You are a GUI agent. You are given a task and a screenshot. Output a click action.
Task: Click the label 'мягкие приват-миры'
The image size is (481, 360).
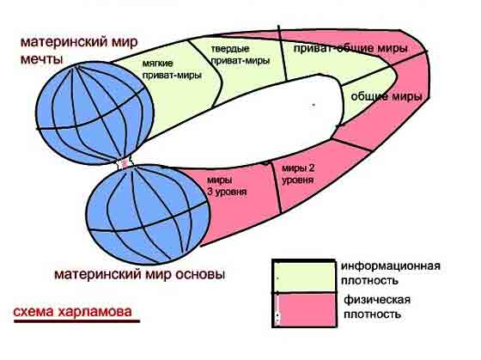172,70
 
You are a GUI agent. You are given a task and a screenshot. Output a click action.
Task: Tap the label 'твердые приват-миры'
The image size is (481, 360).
240,55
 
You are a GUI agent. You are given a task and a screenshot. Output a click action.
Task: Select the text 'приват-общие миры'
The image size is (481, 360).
350,48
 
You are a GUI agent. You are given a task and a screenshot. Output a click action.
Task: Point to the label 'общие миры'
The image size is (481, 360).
387,97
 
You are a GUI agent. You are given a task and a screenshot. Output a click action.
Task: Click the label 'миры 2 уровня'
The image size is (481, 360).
298,174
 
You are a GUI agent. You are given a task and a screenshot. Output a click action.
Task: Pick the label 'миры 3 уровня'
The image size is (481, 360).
227,186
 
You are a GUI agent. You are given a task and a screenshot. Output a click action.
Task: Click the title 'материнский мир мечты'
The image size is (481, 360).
79,50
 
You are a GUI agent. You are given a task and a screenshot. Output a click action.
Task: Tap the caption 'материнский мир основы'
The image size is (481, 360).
139,274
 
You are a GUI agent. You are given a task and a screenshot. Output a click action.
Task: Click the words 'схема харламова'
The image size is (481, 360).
73,311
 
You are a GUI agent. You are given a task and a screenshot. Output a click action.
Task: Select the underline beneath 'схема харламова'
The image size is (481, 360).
76,321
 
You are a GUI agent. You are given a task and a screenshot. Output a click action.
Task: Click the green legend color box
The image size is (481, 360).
304,278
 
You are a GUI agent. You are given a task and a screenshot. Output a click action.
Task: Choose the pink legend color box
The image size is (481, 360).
305,309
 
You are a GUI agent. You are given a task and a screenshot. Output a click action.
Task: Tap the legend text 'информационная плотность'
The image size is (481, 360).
391,273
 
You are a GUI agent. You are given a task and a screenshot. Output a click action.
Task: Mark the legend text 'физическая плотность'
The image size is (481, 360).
377,307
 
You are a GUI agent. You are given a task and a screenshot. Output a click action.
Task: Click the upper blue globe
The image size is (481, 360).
94,113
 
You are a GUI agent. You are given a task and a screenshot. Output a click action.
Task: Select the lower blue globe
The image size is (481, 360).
148,215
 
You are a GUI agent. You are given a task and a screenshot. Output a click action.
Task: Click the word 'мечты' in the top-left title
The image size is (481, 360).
41,58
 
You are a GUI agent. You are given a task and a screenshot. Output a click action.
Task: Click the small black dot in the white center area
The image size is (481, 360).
314,105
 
